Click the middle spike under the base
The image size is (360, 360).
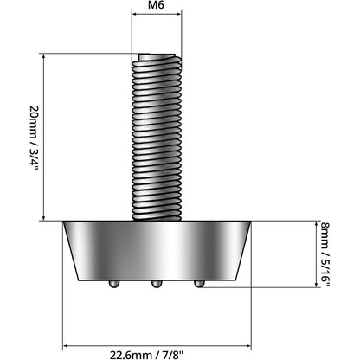pos(156,284)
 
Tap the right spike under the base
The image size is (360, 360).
pos(199,283)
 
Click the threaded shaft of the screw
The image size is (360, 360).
pos(156,138)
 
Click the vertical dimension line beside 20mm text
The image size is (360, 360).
pos(44,138)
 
